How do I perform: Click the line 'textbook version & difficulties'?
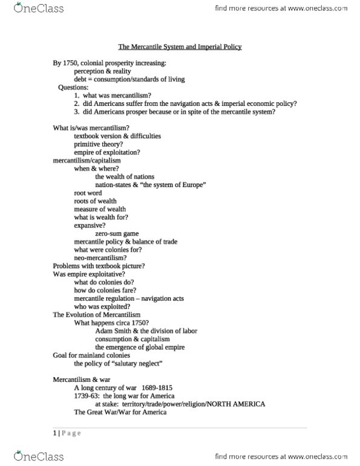[x=117, y=136]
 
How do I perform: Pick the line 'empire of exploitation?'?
[x=105, y=153]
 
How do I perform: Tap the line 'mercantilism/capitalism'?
[x=87, y=161]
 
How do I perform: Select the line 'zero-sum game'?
[x=119, y=232]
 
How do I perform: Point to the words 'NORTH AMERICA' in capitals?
[x=236, y=404]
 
